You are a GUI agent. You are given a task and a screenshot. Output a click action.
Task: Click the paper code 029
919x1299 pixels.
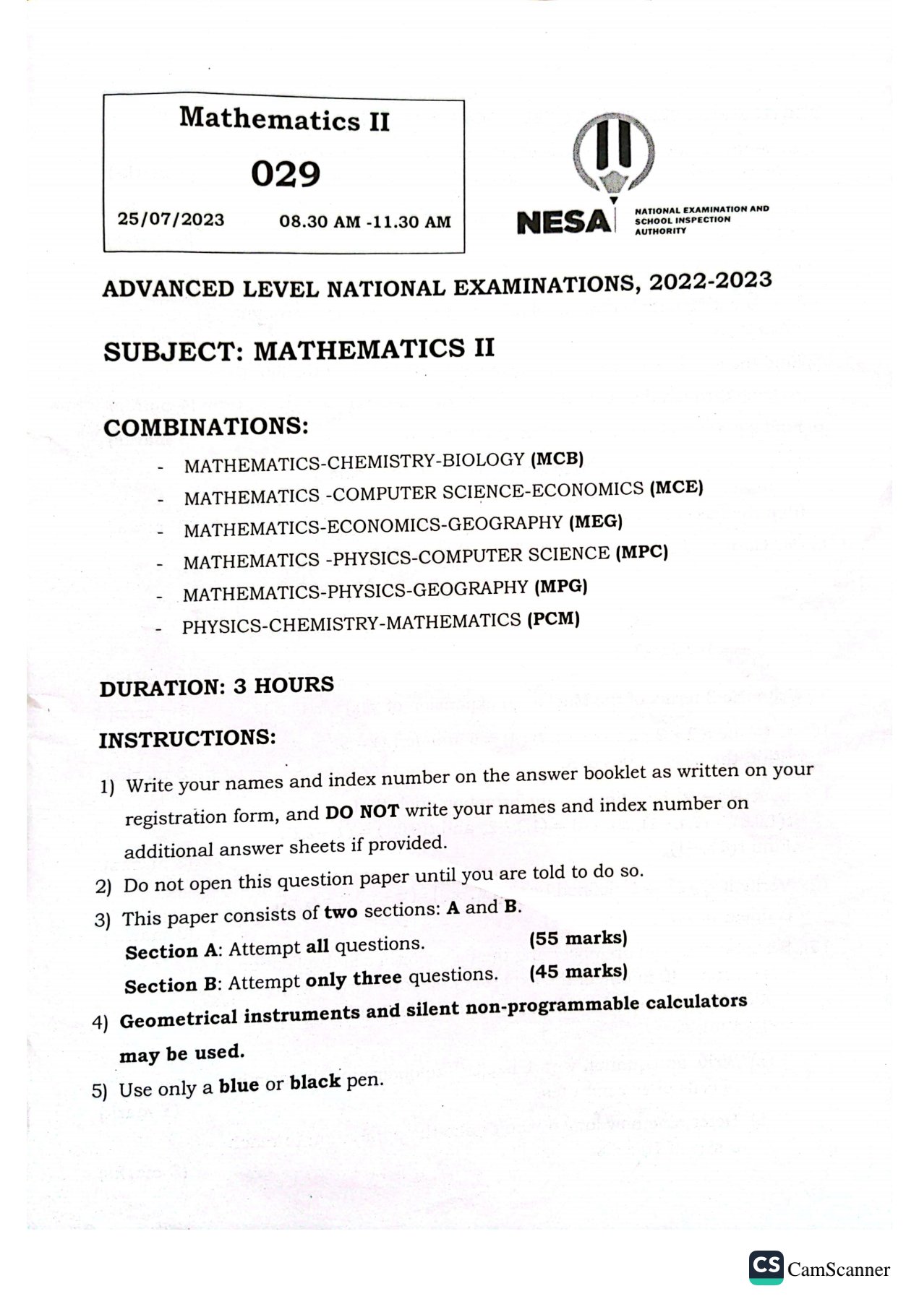pyautogui.click(x=286, y=174)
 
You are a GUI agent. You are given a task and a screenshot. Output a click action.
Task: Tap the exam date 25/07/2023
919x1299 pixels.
pyautogui.click(x=171, y=219)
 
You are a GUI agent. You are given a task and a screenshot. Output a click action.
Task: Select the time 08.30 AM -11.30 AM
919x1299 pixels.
pyautogui.click(x=365, y=222)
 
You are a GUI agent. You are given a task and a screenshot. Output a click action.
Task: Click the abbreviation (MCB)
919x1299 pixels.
pyautogui.click(x=557, y=458)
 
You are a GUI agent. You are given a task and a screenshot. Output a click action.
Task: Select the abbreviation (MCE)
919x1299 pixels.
pyautogui.click(x=676, y=487)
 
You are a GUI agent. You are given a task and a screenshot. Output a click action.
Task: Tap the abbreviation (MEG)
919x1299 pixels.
pyautogui.click(x=596, y=521)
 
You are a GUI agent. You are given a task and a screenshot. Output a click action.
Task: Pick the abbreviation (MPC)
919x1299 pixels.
pyautogui.click(x=641, y=553)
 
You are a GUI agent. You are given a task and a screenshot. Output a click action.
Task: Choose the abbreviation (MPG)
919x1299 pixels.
pyautogui.click(x=560, y=587)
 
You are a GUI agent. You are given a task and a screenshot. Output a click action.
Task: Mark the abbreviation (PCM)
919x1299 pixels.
pyautogui.click(x=553, y=619)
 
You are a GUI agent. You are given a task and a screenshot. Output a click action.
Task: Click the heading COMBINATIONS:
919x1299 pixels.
pyautogui.click(x=206, y=426)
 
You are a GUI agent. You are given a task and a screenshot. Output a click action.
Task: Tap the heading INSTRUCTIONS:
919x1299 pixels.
pyautogui.click(x=187, y=738)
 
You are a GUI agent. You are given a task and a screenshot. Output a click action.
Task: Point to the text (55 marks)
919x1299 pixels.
pyautogui.click(x=578, y=938)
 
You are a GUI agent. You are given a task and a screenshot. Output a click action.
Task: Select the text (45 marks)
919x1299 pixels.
pyautogui.click(x=578, y=972)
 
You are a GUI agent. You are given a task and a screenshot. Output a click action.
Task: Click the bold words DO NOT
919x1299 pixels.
pyautogui.click(x=362, y=811)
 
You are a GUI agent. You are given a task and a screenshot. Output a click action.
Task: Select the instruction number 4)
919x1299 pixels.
pyautogui.click(x=101, y=1022)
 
